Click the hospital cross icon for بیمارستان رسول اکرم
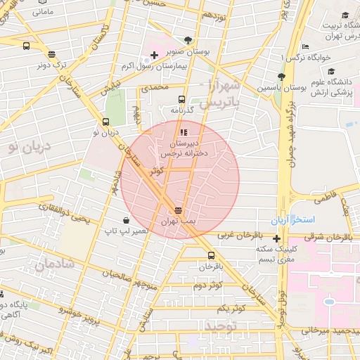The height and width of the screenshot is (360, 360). point(154,55)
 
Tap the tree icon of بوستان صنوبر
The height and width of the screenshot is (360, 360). point(186,41)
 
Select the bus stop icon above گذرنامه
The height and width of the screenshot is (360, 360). point(181,100)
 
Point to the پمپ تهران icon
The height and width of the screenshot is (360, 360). point(178,210)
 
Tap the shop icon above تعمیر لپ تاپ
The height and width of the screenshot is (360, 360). point(125,220)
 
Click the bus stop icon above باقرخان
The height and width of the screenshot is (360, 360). point(210,255)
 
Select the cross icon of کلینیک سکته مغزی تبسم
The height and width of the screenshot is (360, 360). point(276,238)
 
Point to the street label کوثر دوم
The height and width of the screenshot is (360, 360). point(208,285)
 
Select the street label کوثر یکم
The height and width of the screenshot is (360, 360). point(231,308)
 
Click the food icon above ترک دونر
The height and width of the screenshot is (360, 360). point(51,54)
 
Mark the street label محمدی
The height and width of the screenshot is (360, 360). point(155,88)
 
